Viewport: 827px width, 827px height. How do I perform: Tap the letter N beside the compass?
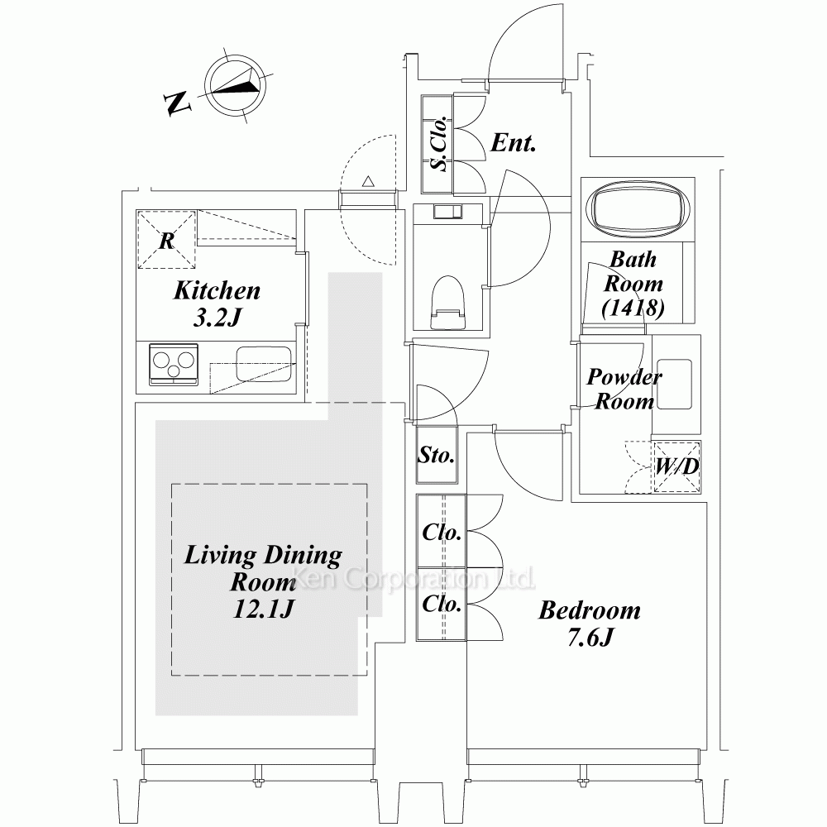click(x=177, y=103)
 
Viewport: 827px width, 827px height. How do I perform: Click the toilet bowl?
click(x=447, y=302)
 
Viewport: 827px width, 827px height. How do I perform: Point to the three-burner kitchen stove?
click(x=174, y=364)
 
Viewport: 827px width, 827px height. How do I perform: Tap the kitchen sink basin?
click(x=263, y=363)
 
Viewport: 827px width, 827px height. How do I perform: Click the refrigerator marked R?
click(x=166, y=240)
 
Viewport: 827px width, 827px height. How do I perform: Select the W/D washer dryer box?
click(x=676, y=466)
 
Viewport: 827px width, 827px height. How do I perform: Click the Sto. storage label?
click(x=436, y=454)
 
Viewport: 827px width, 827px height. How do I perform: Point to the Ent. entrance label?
click(x=514, y=142)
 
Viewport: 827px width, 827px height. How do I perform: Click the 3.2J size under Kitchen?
click(x=218, y=318)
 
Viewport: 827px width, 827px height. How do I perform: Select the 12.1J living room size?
click(x=263, y=609)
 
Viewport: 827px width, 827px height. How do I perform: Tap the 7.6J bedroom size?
click(x=590, y=637)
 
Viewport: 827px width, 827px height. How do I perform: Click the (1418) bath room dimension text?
click(x=633, y=308)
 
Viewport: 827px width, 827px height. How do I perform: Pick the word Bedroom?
click(x=589, y=610)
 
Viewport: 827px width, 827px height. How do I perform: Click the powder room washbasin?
click(x=674, y=384)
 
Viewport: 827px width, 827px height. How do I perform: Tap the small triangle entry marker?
click(x=368, y=181)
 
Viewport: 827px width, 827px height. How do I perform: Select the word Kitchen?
click(x=217, y=290)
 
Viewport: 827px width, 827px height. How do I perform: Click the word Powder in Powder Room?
click(x=624, y=376)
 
